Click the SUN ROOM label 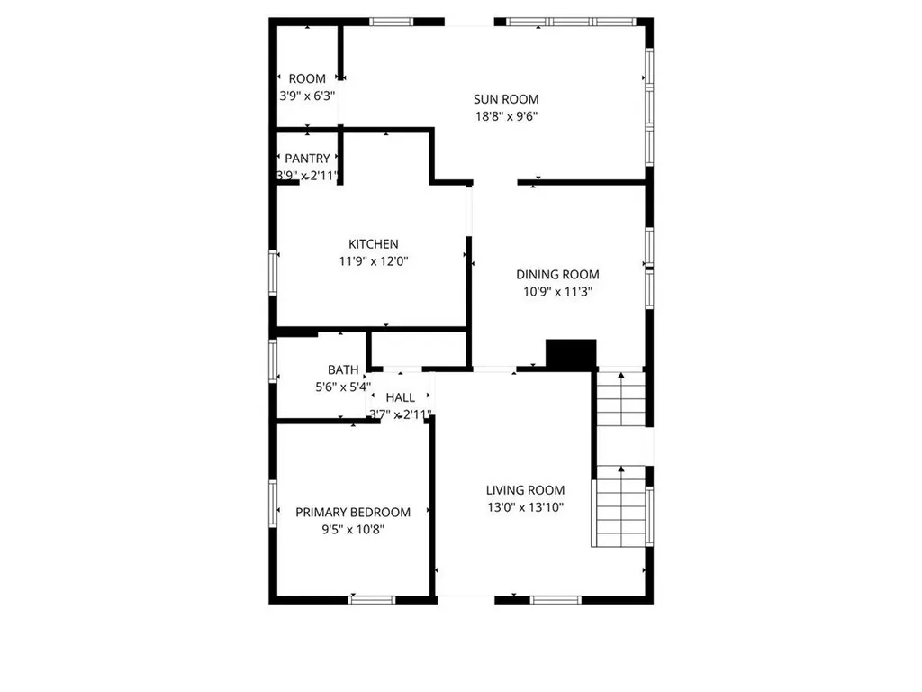[506, 99]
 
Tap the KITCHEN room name [373, 244]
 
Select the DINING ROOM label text [557, 275]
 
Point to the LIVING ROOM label [525, 490]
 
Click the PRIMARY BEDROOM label [353, 512]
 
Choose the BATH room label [343, 369]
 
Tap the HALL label [400, 397]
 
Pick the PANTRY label [307, 159]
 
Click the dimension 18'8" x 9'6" [506, 116]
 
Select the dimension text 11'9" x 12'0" [374, 261]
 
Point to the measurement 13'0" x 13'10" [525, 507]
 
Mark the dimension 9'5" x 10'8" [353, 529]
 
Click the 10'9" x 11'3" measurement [557, 292]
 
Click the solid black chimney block [573, 354]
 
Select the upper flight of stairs [622, 399]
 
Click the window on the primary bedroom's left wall [274, 502]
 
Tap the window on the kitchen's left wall [274, 273]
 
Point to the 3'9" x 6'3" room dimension [306, 96]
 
